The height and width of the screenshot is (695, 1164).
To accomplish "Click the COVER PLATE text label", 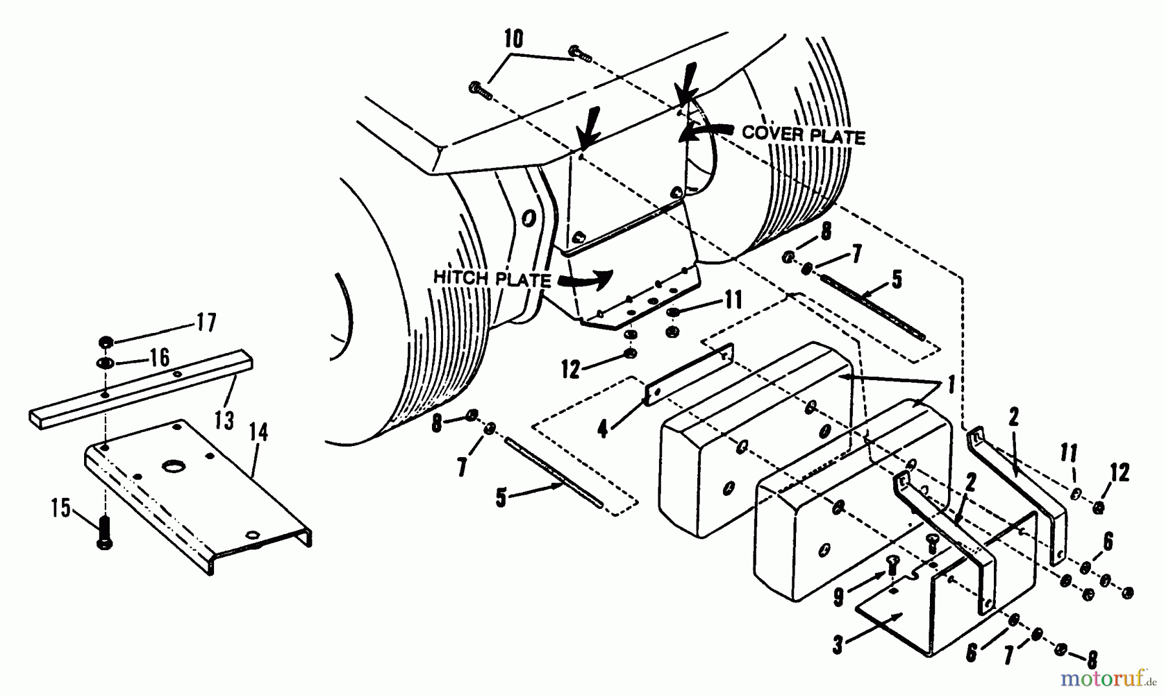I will pos(803,136).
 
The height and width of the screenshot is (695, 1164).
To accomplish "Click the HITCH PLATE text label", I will pos(491,279).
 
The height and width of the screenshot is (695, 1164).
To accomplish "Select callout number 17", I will pos(206,322).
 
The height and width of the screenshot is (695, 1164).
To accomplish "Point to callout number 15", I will pos(60,509).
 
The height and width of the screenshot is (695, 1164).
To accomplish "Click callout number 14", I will pos(258,432).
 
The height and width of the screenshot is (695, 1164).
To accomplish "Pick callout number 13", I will pos(224,421).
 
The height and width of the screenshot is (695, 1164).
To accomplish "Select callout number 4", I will pos(603,429).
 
